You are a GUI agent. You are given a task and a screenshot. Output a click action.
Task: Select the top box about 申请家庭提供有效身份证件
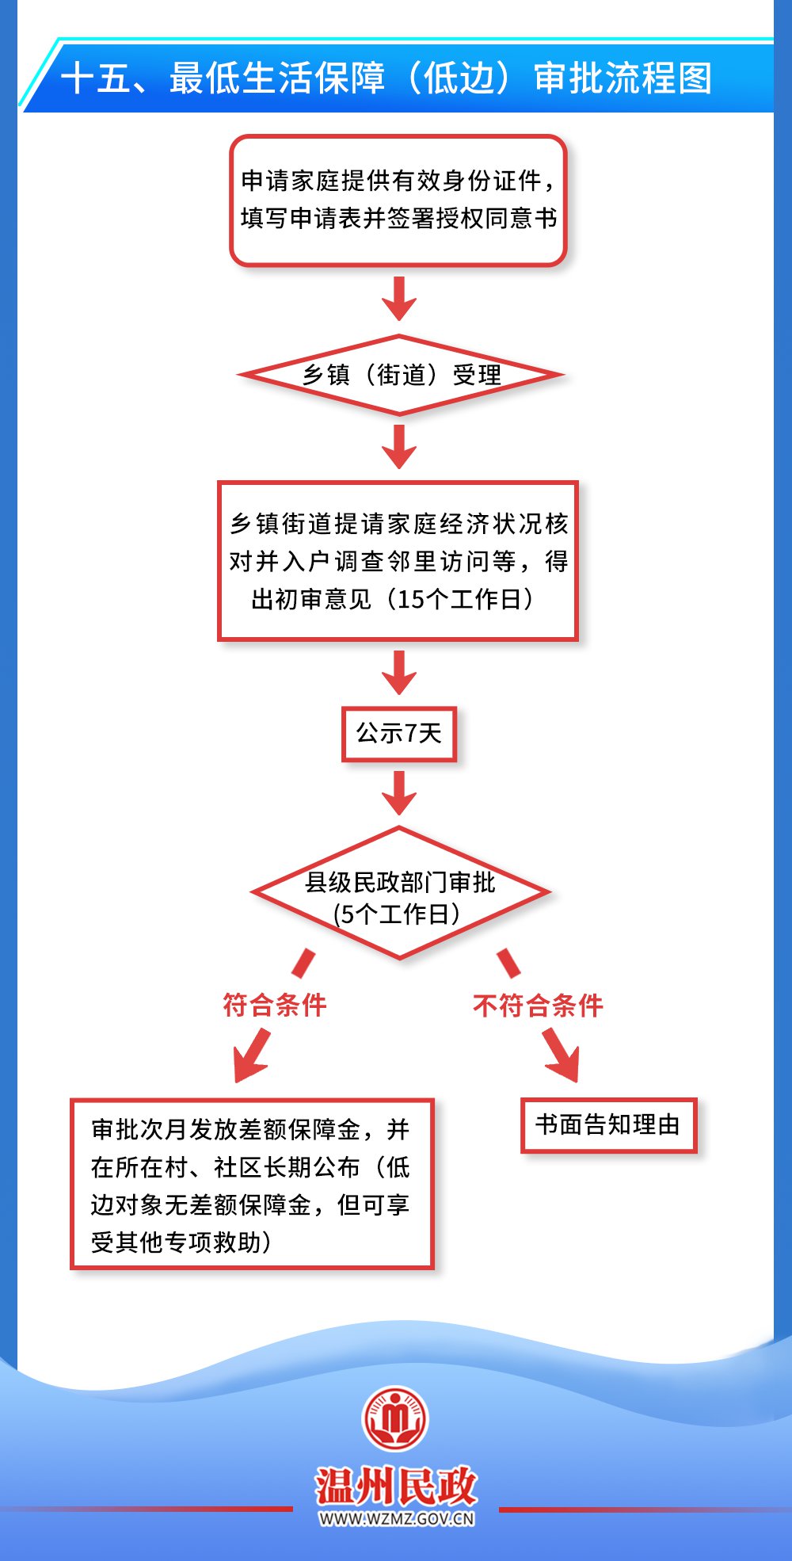pos(398,200)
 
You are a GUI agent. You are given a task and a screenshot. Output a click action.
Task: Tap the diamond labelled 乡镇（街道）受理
pos(400,375)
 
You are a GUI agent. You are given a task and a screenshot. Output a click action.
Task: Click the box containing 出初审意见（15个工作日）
pos(398,561)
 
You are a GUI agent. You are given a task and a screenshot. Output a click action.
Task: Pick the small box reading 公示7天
pos(399,734)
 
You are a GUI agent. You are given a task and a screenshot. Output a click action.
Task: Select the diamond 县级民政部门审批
pos(400,883)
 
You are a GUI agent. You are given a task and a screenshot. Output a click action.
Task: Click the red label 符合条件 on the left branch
pos(275,1005)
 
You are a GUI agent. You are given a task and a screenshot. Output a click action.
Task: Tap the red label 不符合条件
pos(538,1006)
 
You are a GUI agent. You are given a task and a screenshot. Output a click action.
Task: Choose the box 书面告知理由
pos(608,1125)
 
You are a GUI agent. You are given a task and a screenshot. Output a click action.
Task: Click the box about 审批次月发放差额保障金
pos(252,1184)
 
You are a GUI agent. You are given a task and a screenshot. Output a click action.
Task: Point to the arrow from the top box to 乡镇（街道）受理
pos(399,299)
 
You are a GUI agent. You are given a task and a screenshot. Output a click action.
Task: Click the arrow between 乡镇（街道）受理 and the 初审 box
pos(399,447)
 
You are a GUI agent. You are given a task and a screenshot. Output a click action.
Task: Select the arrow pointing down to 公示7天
pos(399,673)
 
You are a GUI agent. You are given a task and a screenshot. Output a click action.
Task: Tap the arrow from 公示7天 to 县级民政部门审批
pos(399,793)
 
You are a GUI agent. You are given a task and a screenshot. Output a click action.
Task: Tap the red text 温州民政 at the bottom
pos(396,1486)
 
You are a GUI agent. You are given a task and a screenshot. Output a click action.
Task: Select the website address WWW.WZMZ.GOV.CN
pos(396,1519)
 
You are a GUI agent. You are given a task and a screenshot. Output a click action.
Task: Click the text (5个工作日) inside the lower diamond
pos(397,914)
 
